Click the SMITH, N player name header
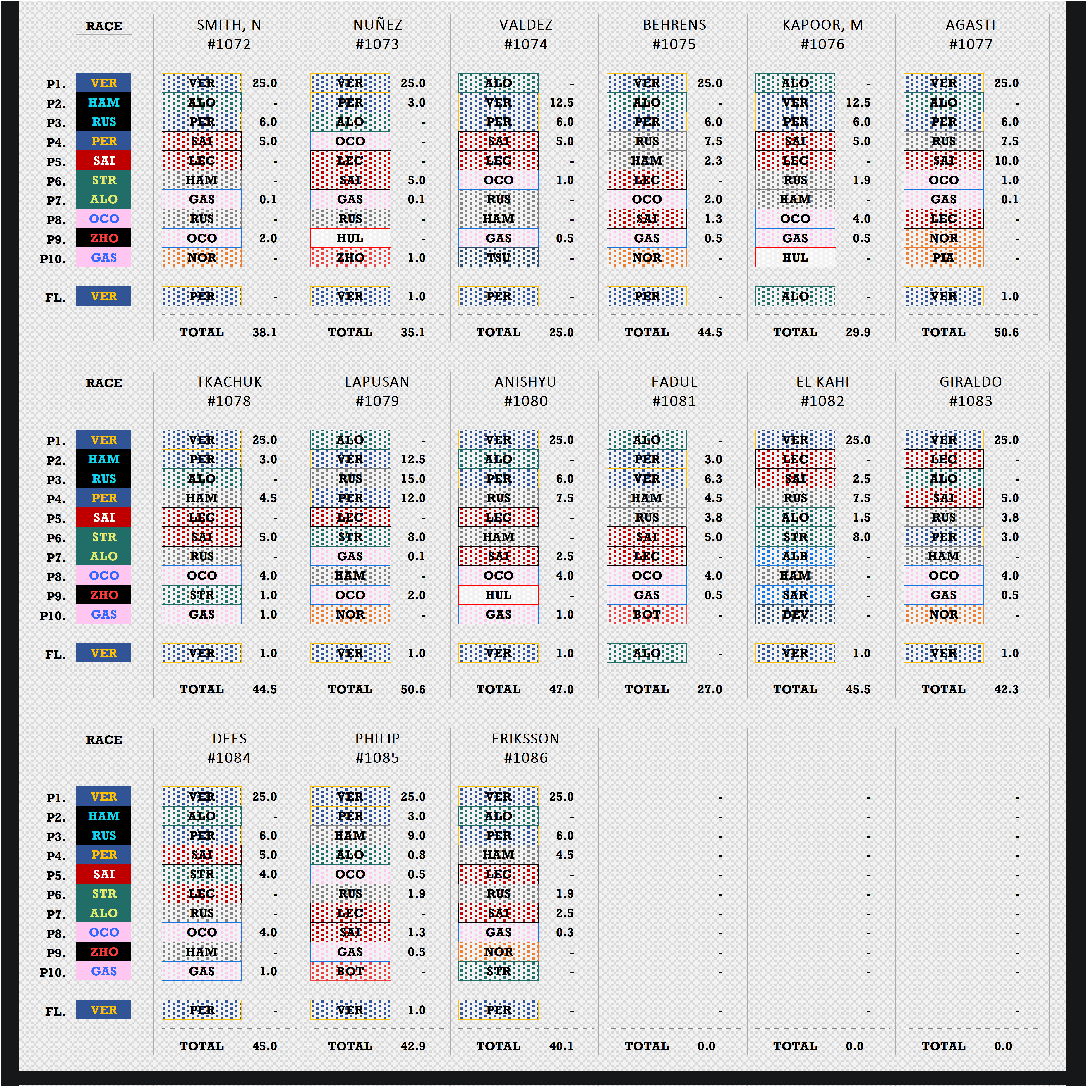(229, 25)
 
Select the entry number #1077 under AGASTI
(971, 44)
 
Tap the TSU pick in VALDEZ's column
(498, 257)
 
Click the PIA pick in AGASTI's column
(943, 257)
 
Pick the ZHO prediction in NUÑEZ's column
(350, 257)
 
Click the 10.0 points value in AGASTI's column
(1006, 161)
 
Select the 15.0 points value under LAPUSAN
(413, 479)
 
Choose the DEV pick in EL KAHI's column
(795, 614)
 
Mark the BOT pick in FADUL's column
(647, 614)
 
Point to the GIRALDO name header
(971, 382)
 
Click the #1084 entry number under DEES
(229, 758)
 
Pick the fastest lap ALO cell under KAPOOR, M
(795, 296)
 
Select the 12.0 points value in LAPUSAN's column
(413, 498)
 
